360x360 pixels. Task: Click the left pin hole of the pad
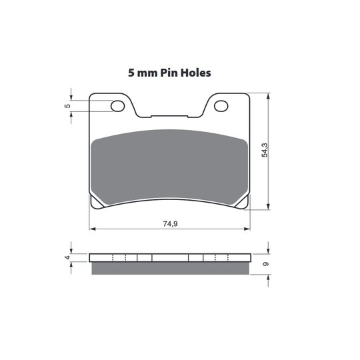[117, 106]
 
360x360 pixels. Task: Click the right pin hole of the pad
[221, 106]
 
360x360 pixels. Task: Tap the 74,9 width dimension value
[170, 223]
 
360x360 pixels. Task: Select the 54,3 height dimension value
[265, 150]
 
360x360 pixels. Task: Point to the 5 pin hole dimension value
[67, 106]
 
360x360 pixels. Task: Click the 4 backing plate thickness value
[67, 257]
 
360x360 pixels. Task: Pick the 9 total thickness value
[265, 264]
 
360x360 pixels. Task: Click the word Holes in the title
[195, 73]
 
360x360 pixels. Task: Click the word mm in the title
[147, 74]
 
